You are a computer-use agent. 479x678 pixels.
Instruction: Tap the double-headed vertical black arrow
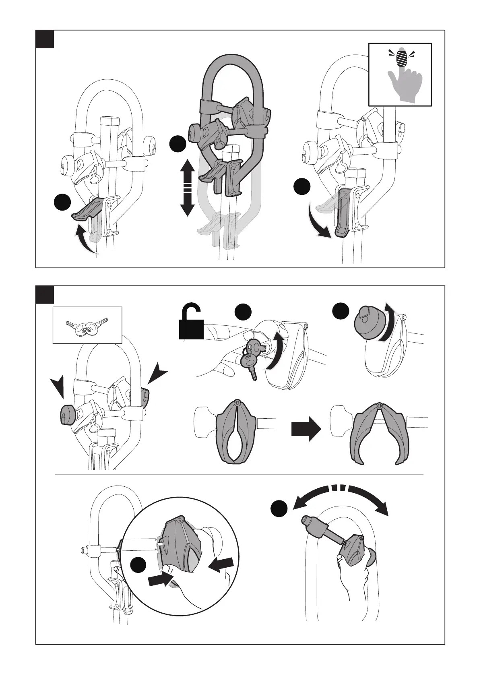click(187, 187)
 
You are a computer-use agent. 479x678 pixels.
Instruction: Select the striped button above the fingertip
click(401, 58)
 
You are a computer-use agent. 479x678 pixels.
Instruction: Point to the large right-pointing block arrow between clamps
click(306, 429)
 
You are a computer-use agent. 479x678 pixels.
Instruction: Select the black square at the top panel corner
click(45, 39)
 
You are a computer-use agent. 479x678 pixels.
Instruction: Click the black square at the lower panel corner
click(45, 295)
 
